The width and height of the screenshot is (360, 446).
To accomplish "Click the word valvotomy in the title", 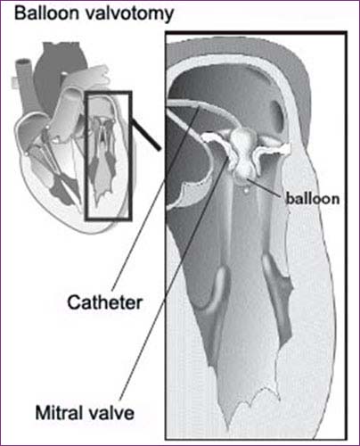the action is (x=128, y=14).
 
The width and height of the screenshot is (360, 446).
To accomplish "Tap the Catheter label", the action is (x=105, y=302).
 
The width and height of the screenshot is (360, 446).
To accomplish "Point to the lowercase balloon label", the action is (x=312, y=199).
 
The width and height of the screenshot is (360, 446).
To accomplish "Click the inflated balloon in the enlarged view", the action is (x=243, y=152).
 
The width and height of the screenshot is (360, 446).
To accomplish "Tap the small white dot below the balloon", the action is (x=246, y=189).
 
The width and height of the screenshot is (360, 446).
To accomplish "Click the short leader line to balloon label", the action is (x=265, y=187).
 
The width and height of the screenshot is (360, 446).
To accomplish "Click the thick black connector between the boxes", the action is (x=146, y=135).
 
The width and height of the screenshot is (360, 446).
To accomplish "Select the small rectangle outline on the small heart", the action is (x=86, y=156).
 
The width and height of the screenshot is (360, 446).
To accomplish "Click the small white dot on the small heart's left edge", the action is (x=27, y=153).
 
